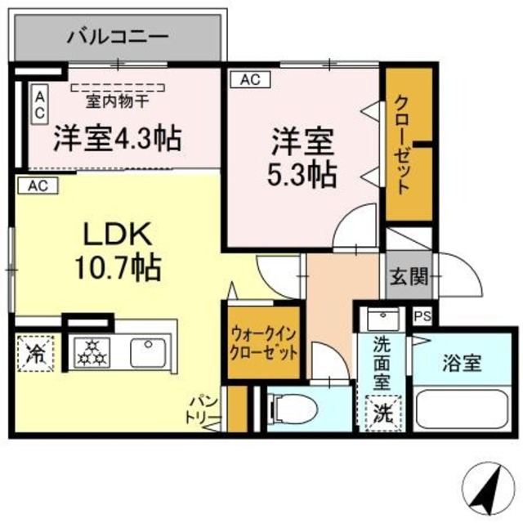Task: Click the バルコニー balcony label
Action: tap(118, 36)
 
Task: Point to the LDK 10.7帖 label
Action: tap(117, 249)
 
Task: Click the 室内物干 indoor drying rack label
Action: tap(118, 102)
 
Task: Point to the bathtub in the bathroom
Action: tap(463, 408)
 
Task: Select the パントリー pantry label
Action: tap(203, 411)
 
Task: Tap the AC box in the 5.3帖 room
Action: tap(250, 79)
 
